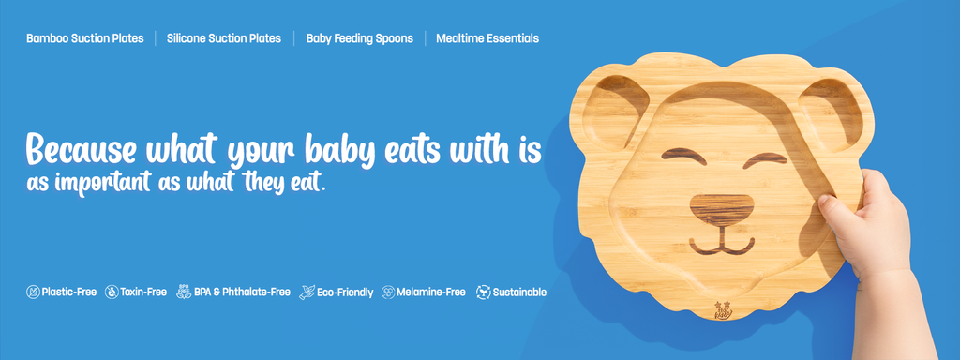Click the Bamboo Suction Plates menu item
[x=85, y=38]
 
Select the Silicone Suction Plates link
[x=224, y=38]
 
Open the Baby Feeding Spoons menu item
[x=360, y=38]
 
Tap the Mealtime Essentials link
[x=487, y=38]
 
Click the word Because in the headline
[x=82, y=149]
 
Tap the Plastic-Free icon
[x=33, y=292]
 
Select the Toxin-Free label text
[x=143, y=292]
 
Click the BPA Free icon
[x=184, y=292]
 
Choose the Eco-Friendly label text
[x=345, y=292]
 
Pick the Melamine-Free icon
[x=388, y=292]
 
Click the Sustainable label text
[x=519, y=292]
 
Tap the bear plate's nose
[x=722, y=209]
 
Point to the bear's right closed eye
[x=765, y=159]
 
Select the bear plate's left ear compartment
[x=615, y=112]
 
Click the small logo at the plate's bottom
[x=723, y=309]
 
